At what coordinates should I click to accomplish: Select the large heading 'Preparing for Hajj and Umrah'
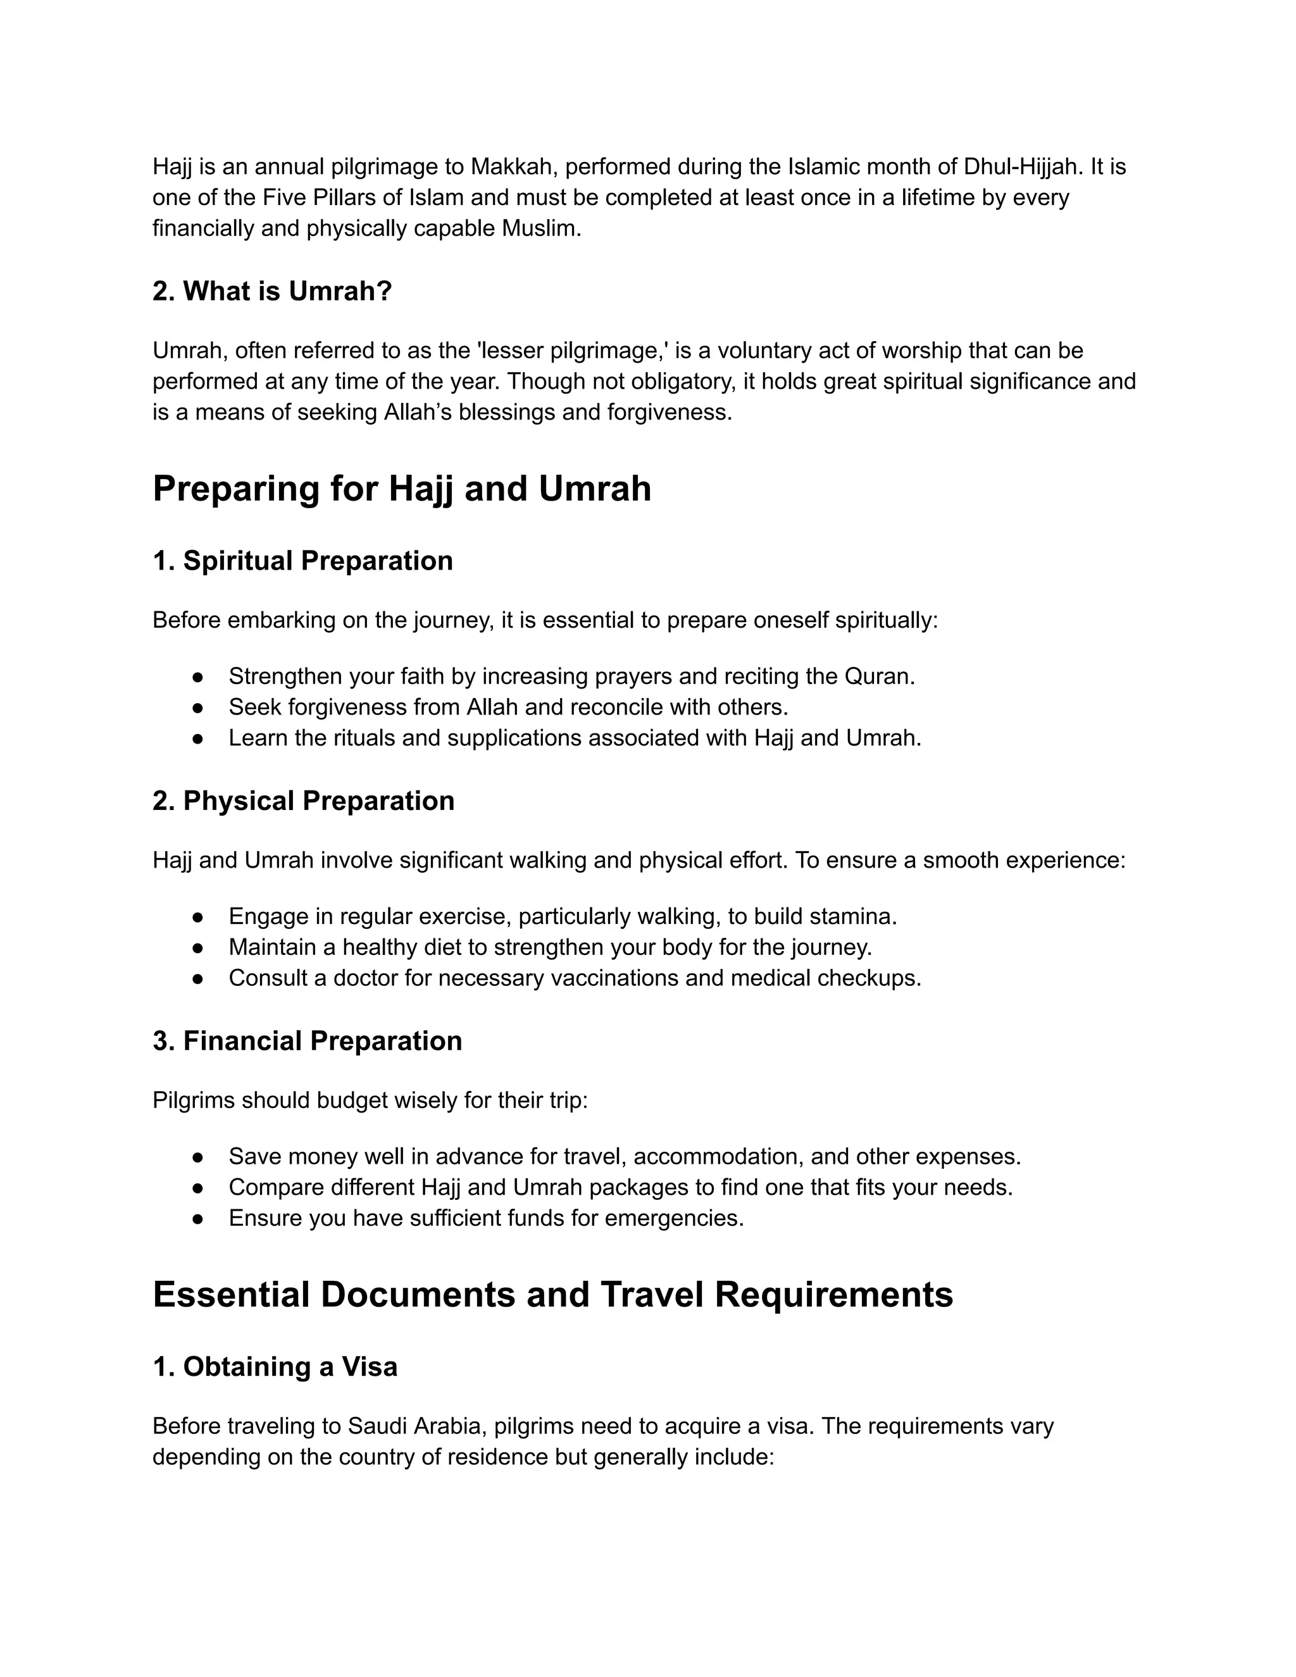402,489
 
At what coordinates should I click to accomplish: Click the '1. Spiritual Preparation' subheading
302,561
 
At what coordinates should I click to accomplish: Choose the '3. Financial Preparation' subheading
307,1041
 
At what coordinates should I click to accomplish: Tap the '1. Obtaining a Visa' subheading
275,1367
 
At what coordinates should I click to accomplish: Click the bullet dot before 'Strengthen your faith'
198,677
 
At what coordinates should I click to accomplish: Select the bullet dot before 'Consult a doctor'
198,979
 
